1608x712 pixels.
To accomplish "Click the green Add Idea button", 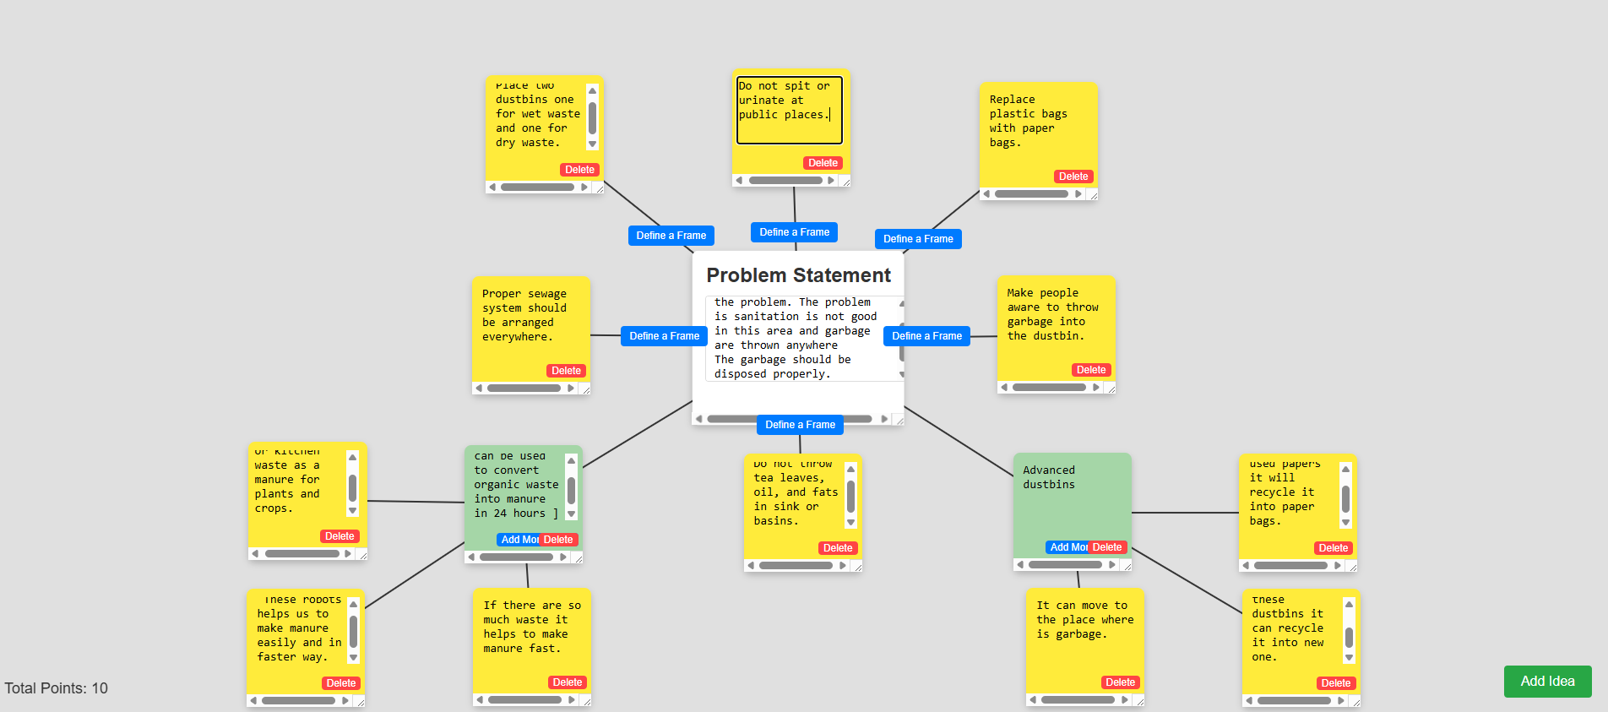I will tap(1547, 682).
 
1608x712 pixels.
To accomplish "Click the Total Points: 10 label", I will tap(57, 688).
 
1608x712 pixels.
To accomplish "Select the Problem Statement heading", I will tap(798, 275).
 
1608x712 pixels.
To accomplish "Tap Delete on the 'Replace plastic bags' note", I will tap(1073, 177).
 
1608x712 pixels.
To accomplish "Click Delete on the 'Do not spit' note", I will tap(823, 163).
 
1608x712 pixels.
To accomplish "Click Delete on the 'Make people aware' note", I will tap(1091, 370).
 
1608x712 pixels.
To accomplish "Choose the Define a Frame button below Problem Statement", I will tap(800, 425).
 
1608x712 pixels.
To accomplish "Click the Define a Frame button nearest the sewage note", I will tap(664, 336).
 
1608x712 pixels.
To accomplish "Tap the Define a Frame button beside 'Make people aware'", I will tap(926, 336).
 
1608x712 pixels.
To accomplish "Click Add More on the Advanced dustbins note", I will tap(1067, 547).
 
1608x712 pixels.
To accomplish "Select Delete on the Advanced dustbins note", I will tap(1107, 547).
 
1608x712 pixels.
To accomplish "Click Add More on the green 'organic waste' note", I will tap(519, 540).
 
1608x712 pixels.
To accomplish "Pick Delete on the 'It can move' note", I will tap(1121, 682).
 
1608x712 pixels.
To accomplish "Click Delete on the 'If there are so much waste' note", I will tap(568, 682).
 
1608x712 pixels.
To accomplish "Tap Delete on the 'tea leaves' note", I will tap(838, 548).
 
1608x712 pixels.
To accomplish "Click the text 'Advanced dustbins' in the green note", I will tap(1049, 477).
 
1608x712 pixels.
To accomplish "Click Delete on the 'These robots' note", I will tap(341, 683).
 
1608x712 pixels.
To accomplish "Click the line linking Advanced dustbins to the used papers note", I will tap(1185, 513).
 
